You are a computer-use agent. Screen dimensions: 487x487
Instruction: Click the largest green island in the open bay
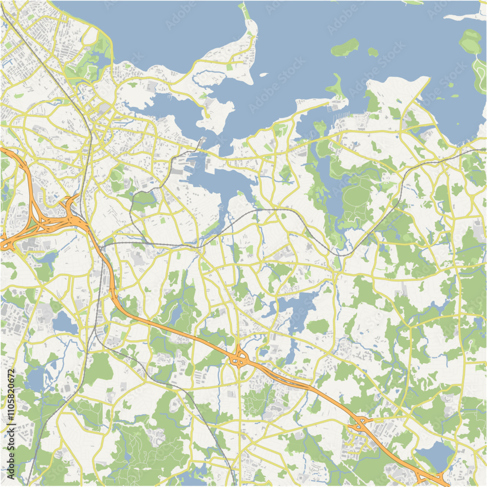(x=345, y=47)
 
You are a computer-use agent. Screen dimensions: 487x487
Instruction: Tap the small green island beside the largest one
(x=373, y=51)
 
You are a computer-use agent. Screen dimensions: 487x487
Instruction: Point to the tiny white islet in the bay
(x=263, y=75)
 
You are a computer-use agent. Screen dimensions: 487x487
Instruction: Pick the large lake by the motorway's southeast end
(x=436, y=456)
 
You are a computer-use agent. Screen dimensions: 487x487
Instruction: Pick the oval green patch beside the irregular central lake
(x=317, y=326)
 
